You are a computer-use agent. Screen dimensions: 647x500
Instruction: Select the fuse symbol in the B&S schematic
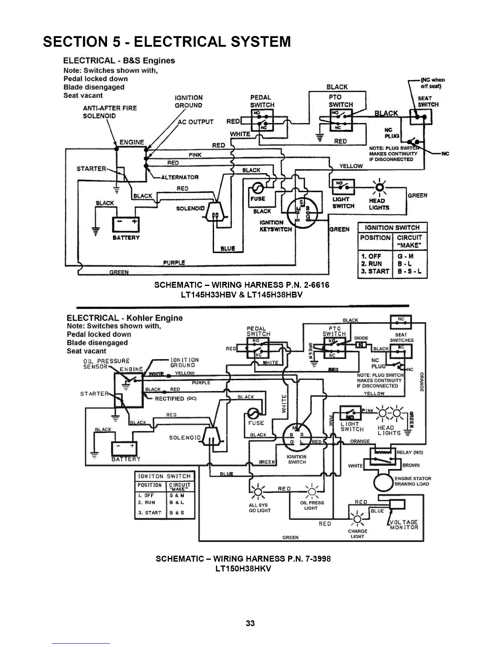tap(258, 188)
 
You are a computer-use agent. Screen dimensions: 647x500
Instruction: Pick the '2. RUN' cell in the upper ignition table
tap(372, 263)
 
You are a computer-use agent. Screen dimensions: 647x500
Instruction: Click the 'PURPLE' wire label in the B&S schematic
tap(174, 263)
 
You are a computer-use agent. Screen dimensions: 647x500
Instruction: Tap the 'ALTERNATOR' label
tap(180, 177)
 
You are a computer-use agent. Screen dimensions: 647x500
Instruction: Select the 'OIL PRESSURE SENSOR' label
tap(100, 364)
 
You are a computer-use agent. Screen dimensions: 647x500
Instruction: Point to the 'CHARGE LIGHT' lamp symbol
tap(357, 518)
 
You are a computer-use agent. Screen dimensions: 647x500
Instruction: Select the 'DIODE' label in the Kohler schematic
tap(361, 338)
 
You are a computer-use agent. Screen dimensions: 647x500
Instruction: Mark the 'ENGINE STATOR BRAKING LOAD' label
tap(413, 481)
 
